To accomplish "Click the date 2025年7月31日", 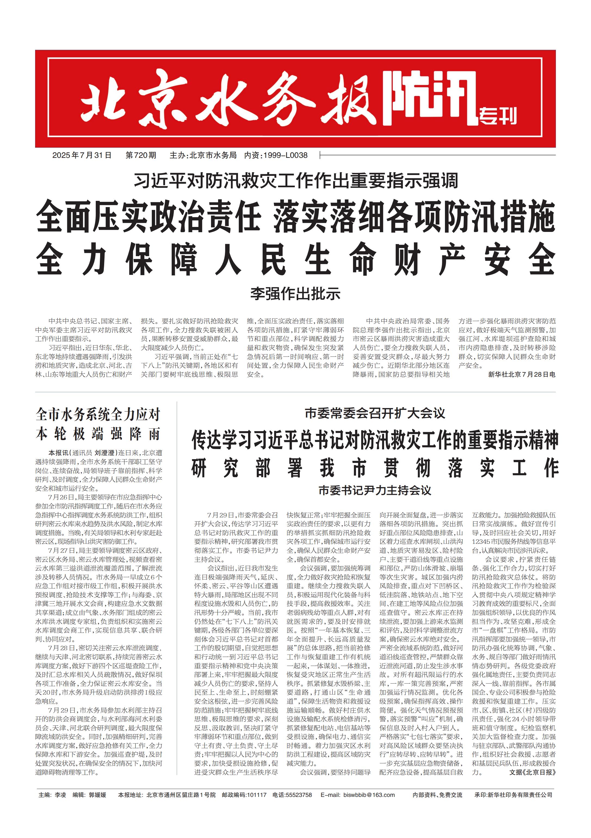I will click(x=82, y=155).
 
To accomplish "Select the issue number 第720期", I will click(x=141, y=155).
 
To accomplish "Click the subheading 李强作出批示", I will click(x=295, y=294).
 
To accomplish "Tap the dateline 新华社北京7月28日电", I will click(x=522, y=375).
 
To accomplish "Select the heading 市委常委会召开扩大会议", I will click(x=375, y=413).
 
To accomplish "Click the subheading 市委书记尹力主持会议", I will click(x=375, y=490).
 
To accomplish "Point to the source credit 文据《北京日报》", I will click(x=532, y=772).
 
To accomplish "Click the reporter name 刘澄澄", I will click(x=105, y=453).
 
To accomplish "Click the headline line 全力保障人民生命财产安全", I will click(x=295, y=260).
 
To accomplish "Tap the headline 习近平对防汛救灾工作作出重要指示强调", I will click(x=295, y=181).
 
